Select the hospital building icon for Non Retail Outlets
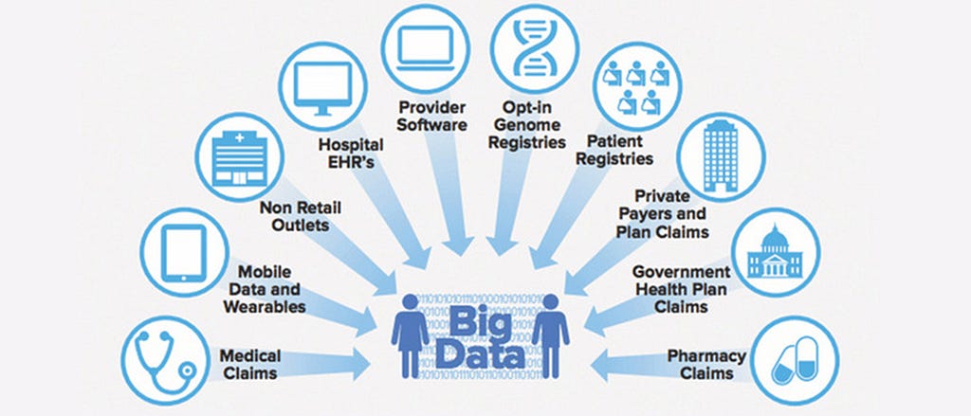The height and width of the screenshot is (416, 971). [x=237, y=155]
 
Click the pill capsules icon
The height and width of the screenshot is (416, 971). [x=794, y=361]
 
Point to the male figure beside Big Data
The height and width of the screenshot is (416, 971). [x=551, y=335]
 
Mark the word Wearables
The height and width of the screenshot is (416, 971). [x=265, y=307]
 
